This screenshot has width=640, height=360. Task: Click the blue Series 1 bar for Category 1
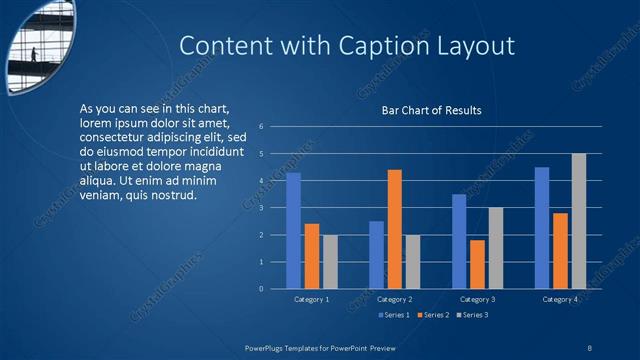click(293, 231)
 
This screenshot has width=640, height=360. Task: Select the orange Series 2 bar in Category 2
click(394, 229)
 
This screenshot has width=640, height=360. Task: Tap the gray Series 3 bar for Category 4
click(578, 221)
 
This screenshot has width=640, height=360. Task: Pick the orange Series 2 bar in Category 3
click(477, 264)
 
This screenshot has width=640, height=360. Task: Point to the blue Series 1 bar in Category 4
click(542, 228)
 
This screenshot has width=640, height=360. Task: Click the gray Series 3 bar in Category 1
click(330, 262)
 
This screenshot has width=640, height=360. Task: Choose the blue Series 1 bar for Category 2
click(376, 255)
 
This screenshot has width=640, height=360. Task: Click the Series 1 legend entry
click(396, 315)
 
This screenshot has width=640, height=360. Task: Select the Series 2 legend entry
click(434, 315)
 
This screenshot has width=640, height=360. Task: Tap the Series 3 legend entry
click(472, 315)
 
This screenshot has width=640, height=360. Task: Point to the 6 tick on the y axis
click(261, 127)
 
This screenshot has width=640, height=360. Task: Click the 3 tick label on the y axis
click(261, 208)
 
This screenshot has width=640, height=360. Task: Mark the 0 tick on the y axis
click(261, 289)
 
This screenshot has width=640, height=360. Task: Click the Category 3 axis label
click(477, 299)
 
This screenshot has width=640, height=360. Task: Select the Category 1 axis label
click(311, 299)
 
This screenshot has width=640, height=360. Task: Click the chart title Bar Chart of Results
click(432, 110)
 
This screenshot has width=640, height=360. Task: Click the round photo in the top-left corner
click(40, 45)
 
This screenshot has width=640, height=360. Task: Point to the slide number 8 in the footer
click(590, 346)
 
